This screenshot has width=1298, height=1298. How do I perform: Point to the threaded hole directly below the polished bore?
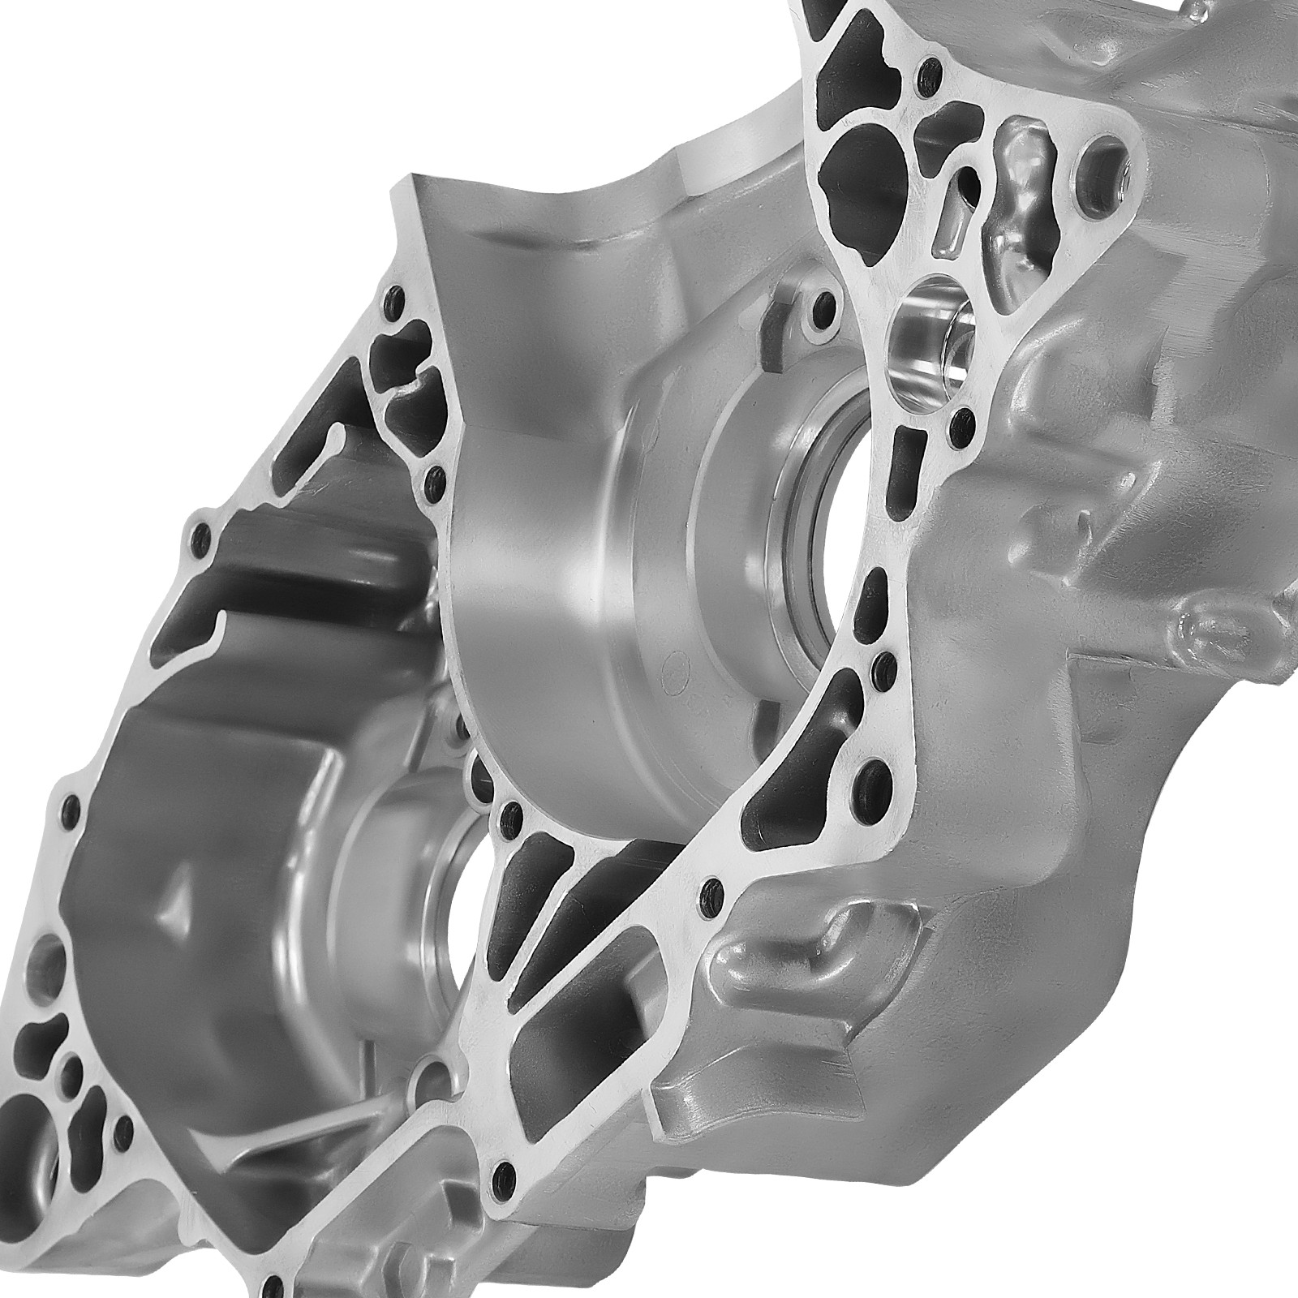pyautogui.click(x=962, y=419)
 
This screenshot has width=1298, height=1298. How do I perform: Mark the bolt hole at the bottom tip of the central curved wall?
pyautogui.click(x=511, y=814)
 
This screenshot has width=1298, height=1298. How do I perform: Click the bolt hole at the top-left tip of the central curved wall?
pyautogui.click(x=395, y=301)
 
